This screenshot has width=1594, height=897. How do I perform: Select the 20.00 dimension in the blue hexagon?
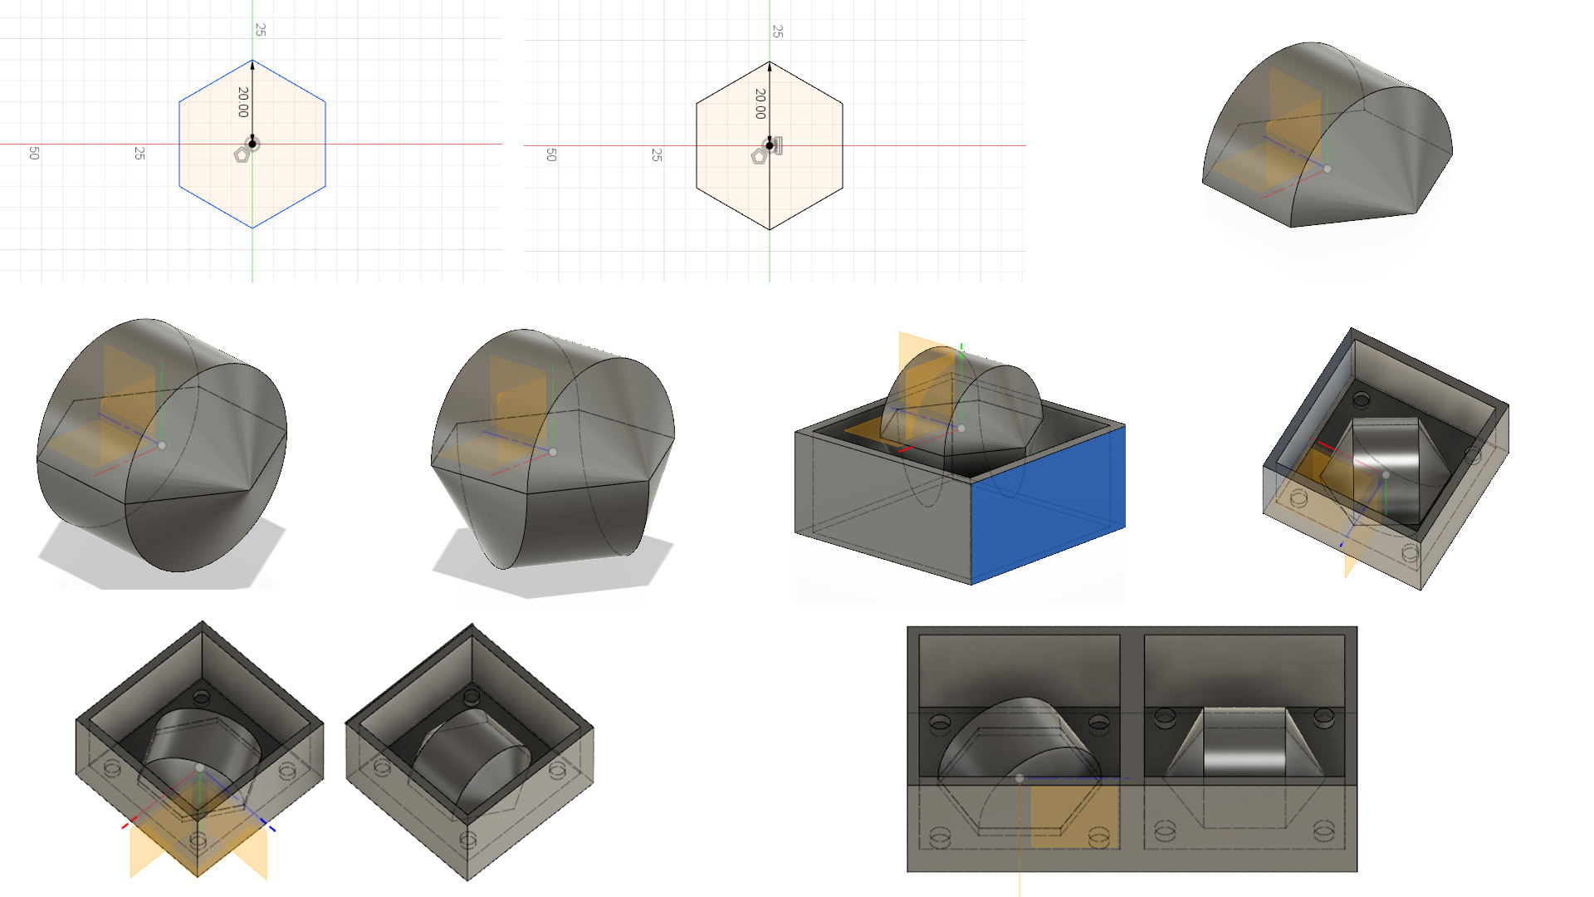click(x=242, y=102)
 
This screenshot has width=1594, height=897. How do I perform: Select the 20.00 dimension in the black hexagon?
click(x=760, y=104)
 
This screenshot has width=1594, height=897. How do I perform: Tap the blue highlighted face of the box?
click(x=1048, y=507)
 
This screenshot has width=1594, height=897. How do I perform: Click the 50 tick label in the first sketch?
click(x=34, y=153)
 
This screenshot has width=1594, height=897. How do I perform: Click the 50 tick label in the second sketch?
click(x=551, y=154)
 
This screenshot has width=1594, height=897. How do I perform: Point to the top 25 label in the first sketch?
click(x=261, y=30)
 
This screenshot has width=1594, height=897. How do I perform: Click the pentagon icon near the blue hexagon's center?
click(x=242, y=154)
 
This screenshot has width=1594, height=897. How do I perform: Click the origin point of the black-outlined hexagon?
click(x=770, y=145)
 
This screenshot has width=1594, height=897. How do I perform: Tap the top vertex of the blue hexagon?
click(x=252, y=61)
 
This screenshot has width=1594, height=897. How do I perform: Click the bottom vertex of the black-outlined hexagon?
click(x=770, y=229)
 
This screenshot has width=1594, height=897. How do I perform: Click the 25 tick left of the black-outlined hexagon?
click(x=657, y=155)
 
